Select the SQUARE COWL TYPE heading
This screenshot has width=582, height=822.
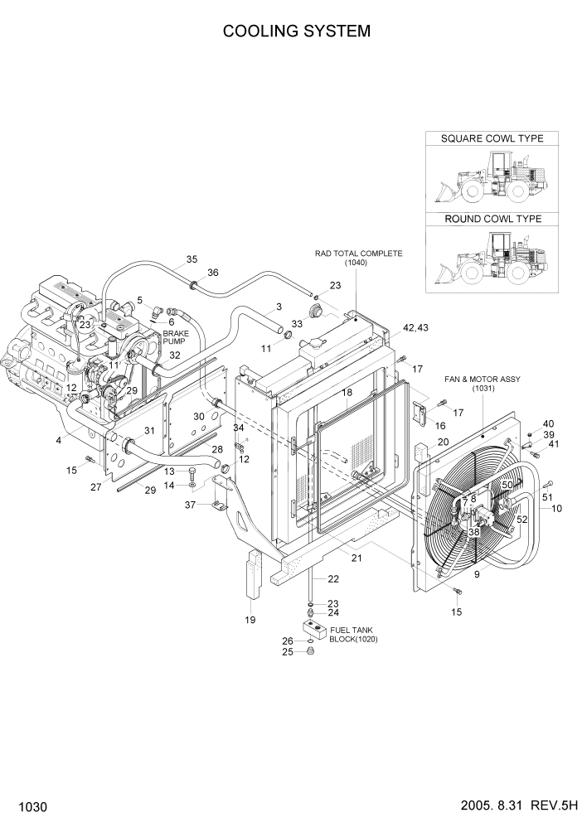click(492, 138)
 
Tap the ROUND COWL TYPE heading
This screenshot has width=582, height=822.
click(492, 219)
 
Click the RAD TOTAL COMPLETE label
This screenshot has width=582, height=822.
click(357, 254)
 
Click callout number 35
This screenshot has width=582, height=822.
click(192, 259)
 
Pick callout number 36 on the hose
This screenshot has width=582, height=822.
click(213, 273)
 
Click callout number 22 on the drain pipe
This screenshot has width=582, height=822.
click(332, 578)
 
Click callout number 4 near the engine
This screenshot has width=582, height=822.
click(59, 440)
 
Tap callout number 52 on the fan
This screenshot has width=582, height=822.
click(521, 519)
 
